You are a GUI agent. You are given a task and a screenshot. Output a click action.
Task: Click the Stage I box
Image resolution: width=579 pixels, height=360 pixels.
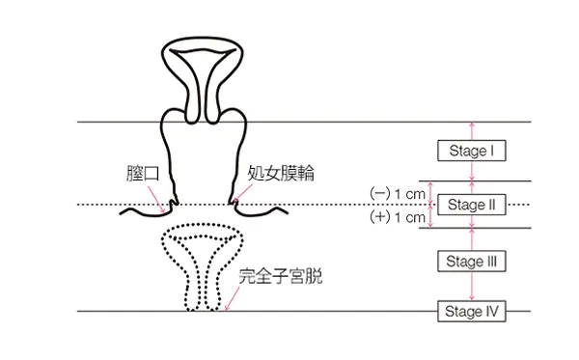coord(472,151)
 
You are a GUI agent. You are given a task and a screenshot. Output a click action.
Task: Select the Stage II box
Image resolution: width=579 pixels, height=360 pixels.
coord(472,205)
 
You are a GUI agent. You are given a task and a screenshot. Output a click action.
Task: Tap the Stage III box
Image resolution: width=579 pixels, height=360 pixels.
coord(472,261)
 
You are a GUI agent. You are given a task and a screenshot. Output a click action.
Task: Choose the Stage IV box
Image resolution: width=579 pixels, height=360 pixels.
coord(472,311)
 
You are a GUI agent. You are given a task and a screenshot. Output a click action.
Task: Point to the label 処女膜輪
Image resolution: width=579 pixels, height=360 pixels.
coord(281,175)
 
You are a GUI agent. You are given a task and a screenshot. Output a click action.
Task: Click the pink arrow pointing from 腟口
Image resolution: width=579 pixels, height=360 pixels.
coord(159,199)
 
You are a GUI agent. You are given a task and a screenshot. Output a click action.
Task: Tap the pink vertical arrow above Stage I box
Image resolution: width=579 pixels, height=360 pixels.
coord(472,131)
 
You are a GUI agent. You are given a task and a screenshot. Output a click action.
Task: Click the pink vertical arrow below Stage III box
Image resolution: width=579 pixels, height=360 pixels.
coord(472,288)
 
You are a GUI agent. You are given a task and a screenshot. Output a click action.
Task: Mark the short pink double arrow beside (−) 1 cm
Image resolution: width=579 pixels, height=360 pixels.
coord(432,192)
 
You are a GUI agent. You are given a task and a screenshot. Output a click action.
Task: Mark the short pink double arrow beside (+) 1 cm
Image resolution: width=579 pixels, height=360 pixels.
coord(432,217)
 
